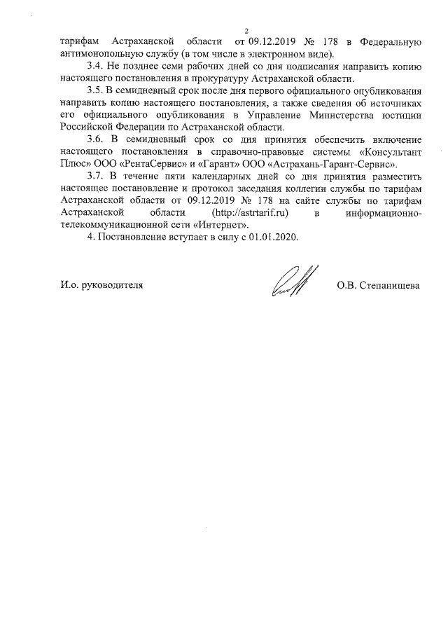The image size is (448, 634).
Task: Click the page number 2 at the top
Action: click(247, 30)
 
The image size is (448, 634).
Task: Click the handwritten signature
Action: click(294, 282)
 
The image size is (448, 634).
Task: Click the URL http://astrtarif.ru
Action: click(255, 212)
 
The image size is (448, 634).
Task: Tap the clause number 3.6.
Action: click(94, 137)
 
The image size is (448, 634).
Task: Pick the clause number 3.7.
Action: click(94, 174)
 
